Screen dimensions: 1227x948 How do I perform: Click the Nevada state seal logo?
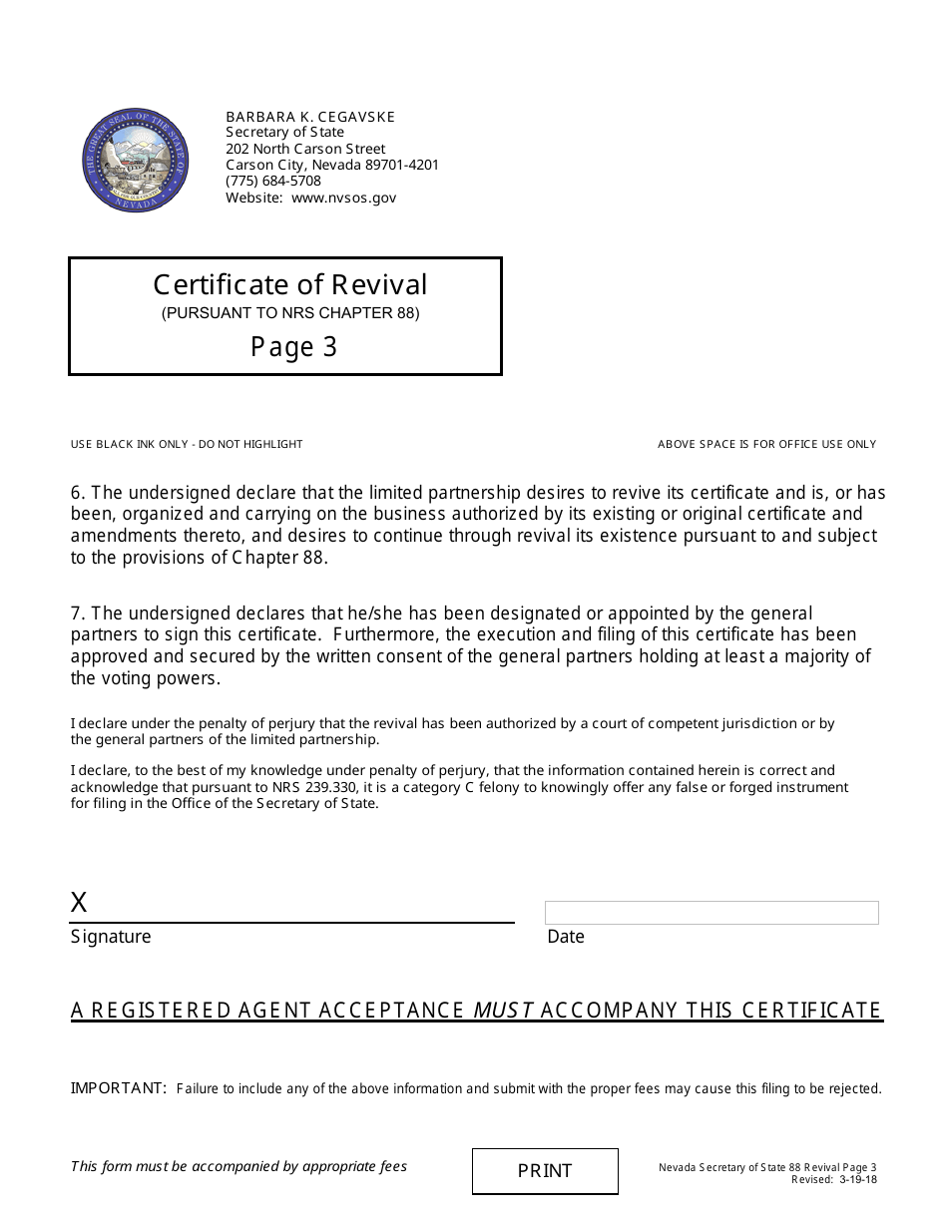click(x=135, y=161)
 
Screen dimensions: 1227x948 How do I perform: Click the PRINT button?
click(x=545, y=1171)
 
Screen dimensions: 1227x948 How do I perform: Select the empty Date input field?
click(x=711, y=913)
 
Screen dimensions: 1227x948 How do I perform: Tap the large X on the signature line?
click(x=79, y=903)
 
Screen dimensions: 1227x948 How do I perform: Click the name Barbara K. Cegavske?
click(x=310, y=117)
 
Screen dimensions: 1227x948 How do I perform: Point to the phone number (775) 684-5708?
click(x=273, y=181)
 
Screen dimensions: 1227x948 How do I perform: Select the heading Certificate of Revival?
click(x=290, y=285)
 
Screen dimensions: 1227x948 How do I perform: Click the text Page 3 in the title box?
click(x=293, y=346)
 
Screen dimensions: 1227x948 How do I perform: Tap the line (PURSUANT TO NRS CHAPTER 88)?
click(x=290, y=313)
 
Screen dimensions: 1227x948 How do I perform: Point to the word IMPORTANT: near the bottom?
click(x=119, y=1088)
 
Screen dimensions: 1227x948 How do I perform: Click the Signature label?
click(x=111, y=937)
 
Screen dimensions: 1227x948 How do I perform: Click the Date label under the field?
click(x=566, y=937)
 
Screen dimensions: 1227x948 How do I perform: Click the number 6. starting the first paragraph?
click(x=79, y=493)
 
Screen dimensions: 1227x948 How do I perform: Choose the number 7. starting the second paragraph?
click(x=79, y=613)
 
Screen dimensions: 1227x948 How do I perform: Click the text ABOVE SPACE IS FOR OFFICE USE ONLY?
click(x=766, y=444)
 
